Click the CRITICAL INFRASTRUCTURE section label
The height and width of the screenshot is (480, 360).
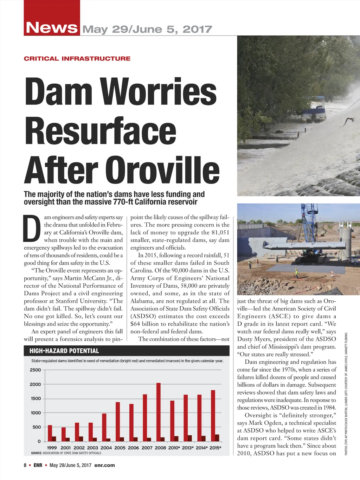click(x=77, y=59)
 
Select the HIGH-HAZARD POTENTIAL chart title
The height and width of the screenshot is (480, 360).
click(x=64, y=351)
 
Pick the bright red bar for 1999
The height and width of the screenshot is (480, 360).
click(x=50, y=433)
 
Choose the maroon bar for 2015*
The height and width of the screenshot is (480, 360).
click(x=217, y=437)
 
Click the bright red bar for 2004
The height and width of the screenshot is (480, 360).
click(x=104, y=427)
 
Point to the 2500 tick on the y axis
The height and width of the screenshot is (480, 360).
click(x=35, y=370)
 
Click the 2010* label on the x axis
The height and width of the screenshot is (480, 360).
click(x=173, y=448)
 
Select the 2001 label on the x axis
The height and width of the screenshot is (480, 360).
click(x=66, y=448)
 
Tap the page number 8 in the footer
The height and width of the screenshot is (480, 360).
click(x=25, y=465)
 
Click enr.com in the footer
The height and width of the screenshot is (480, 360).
click(x=104, y=465)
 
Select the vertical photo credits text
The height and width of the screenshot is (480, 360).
click(x=346, y=394)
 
